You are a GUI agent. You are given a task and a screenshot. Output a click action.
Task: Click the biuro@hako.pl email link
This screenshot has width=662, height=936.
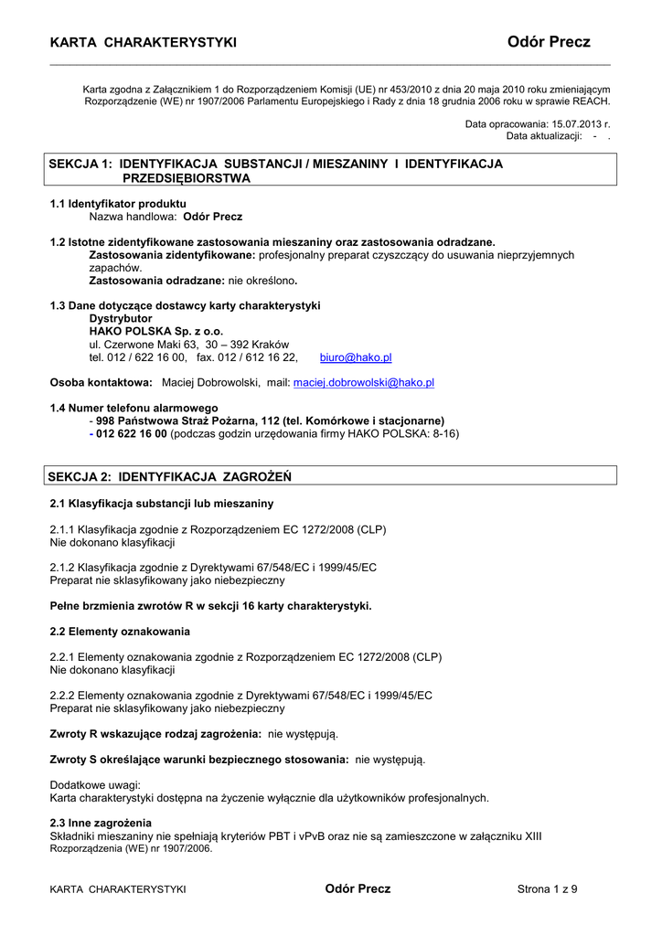coord(356,358)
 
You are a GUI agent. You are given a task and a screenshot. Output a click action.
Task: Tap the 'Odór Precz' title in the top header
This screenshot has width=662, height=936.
coord(549,42)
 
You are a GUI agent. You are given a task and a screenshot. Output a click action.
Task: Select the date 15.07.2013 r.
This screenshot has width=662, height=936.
coord(579,123)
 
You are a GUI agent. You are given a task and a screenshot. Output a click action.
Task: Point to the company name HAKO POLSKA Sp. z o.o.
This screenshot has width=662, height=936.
coord(155,331)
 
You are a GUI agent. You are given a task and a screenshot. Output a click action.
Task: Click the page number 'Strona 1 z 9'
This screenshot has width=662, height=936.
coord(548,889)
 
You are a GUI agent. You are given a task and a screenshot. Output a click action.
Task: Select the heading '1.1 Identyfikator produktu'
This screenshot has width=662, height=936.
coord(118,204)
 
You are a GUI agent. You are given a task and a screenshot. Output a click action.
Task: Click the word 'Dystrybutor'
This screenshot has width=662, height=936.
coord(120,318)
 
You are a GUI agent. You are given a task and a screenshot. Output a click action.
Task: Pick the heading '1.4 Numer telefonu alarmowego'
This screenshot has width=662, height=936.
coord(133,408)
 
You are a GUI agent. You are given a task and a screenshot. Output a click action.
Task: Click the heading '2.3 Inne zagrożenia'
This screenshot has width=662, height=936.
coord(101,824)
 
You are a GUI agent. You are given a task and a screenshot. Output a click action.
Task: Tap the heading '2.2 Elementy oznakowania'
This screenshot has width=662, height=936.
coord(120,632)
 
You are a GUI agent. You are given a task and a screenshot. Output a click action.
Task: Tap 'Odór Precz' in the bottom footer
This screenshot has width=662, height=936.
coord(358,889)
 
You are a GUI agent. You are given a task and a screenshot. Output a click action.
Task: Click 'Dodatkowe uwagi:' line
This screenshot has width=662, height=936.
coord(94,785)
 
